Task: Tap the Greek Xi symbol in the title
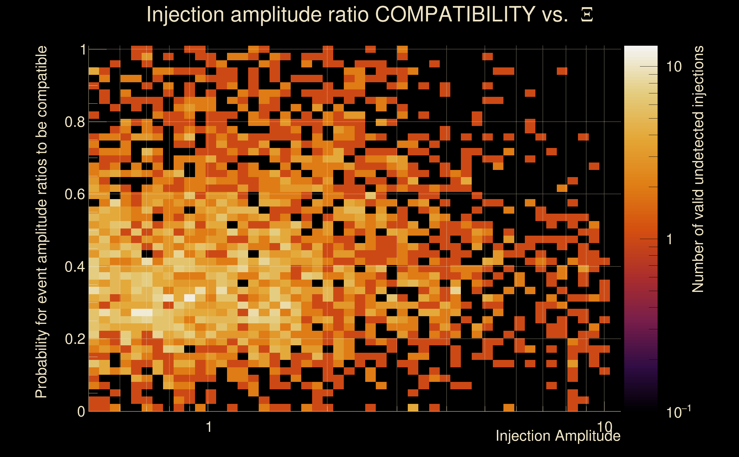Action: pos(587,15)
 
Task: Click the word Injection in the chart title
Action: pos(185,15)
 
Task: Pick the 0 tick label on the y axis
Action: pos(81,412)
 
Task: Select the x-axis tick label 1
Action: pos(208,427)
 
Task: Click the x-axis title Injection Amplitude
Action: pos(558,436)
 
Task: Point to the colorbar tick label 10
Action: pos(674,67)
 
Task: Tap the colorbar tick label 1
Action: pos(670,239)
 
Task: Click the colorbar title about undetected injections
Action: pos(698,169)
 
